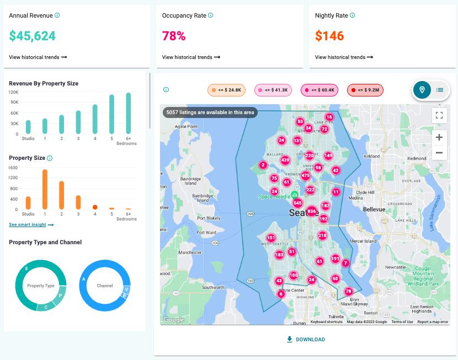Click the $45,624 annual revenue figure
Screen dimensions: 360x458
(33, 36)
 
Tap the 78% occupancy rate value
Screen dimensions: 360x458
(174, 36)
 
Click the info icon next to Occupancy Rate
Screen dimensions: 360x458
(211, 16)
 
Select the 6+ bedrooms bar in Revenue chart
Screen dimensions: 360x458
(129, 113)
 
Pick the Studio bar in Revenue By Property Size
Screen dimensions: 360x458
(28, 127)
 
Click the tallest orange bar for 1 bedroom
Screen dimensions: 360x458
(45, 189)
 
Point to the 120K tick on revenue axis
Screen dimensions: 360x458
(13, 92)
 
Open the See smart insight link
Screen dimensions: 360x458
(31, 225)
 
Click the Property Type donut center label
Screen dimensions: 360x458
(41, 286)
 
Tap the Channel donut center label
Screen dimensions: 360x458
(105, 286)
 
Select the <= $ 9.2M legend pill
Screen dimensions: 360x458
(365, 89)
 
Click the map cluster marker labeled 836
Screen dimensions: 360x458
(311, 211)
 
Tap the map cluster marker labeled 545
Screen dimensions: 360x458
(297, 203)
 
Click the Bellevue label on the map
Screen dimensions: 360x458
(373, 209)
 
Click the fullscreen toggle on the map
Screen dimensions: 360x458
(439, 115)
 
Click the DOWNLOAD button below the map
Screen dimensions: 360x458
(306, 340)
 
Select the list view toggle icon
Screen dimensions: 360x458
(440, 90)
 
